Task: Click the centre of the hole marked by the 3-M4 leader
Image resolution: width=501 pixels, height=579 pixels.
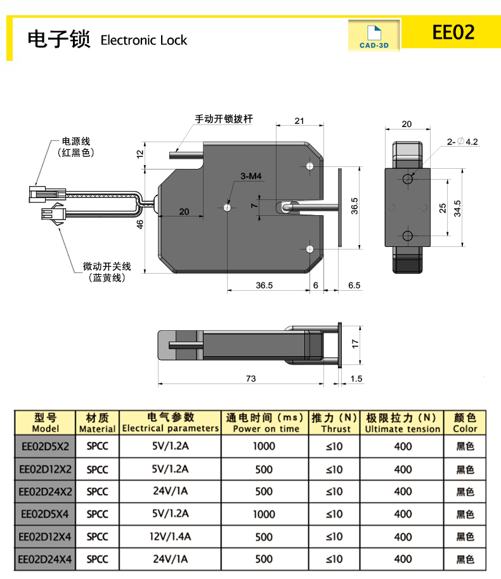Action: click(x=227, y=208)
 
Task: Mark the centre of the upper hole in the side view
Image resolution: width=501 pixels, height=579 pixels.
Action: click(x=407, y=179)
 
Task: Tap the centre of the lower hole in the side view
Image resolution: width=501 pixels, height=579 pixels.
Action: click(x=407, y=236)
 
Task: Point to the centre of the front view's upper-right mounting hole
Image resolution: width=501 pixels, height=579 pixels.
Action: click(x=309, y=166)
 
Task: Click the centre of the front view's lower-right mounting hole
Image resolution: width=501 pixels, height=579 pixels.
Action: click(x=309, y=250)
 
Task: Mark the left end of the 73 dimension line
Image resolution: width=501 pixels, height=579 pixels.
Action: click(x=159, y=383)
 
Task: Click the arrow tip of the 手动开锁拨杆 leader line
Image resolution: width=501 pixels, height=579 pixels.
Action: click(x=176, y=152)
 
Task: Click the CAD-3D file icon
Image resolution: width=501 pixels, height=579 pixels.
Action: click(x=374, y=33)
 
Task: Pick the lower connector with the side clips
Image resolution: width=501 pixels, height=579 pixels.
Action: click(x=54, y=214)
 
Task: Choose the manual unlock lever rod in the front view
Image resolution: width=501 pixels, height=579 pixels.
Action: click(x=186, y=156)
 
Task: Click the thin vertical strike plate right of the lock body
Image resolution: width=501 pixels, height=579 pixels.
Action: click(x=340, y=207)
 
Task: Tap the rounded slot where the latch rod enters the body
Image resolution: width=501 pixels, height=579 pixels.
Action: click(x=283, y=207)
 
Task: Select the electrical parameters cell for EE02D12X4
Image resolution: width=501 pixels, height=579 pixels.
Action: click(x=170, y=536)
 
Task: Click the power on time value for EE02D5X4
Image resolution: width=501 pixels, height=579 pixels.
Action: click(x=264, y=514)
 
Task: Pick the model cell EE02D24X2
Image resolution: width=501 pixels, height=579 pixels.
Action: click(x=45, y=492)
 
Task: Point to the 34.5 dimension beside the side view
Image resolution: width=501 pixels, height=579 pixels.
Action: click(x=457, y=208)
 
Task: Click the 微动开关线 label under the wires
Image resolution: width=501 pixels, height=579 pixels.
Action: click(x=107, y=266)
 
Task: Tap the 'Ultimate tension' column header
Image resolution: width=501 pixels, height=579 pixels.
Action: click(x=403, y=429)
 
